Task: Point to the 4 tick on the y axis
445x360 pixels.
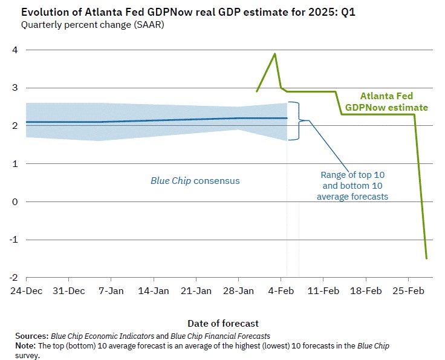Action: pos(14,50)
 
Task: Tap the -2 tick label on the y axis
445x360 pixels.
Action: pos(12,278)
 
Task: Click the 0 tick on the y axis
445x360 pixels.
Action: pos(14,201)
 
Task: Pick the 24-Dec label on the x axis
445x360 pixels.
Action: pos(26,291)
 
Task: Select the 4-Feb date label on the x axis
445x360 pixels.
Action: pos(282,291)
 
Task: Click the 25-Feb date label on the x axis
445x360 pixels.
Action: pos(409,291)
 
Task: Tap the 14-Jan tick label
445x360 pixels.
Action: pos(154,291)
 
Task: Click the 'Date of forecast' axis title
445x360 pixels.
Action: pos(223,323)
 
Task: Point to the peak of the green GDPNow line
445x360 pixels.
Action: pos(275,54)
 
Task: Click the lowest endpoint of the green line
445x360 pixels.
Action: pos(427,258)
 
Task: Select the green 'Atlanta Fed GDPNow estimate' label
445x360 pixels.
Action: pos(386,102)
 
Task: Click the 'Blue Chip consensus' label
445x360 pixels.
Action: pos(195,180)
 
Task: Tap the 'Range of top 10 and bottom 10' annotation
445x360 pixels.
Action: pos(352,185)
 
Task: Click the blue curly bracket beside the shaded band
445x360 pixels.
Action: pos(294,121)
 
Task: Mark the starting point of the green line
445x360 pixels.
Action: pos(257,92)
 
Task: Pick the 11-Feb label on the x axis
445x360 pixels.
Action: pos(324,291)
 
